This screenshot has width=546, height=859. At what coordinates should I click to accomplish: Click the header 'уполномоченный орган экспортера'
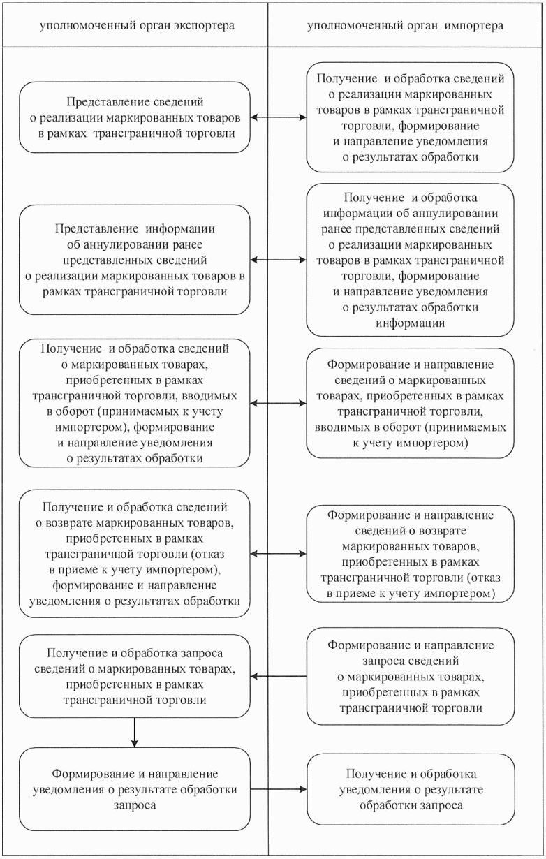(x=137, y=26)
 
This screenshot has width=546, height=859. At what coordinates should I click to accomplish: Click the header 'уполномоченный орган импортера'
(x=406, y=26)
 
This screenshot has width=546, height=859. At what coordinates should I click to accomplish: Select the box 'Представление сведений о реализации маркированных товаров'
(x=134, y=117)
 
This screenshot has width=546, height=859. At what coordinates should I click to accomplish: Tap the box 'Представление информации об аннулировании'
(x=134, y=259)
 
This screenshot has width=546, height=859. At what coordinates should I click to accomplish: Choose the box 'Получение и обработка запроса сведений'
(x=134, y=675)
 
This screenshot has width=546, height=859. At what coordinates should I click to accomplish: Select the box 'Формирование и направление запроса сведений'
(x=411, y=675)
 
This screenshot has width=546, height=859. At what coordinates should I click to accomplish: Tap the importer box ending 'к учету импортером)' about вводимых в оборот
(x=411, y=403)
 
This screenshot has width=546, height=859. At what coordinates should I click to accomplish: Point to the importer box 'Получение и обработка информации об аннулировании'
(x=411, y=259)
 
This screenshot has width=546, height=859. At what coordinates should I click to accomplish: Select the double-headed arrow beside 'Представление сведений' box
(x=278, y=117)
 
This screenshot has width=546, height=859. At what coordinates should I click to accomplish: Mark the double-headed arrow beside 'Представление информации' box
(x=278, y=259)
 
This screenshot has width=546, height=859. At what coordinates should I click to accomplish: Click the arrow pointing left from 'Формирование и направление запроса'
(x=278, y=675)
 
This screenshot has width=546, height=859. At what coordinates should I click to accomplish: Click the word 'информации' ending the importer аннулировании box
(x=411, y=323)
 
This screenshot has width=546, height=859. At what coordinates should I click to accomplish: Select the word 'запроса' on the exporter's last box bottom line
(x=135, y=804)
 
